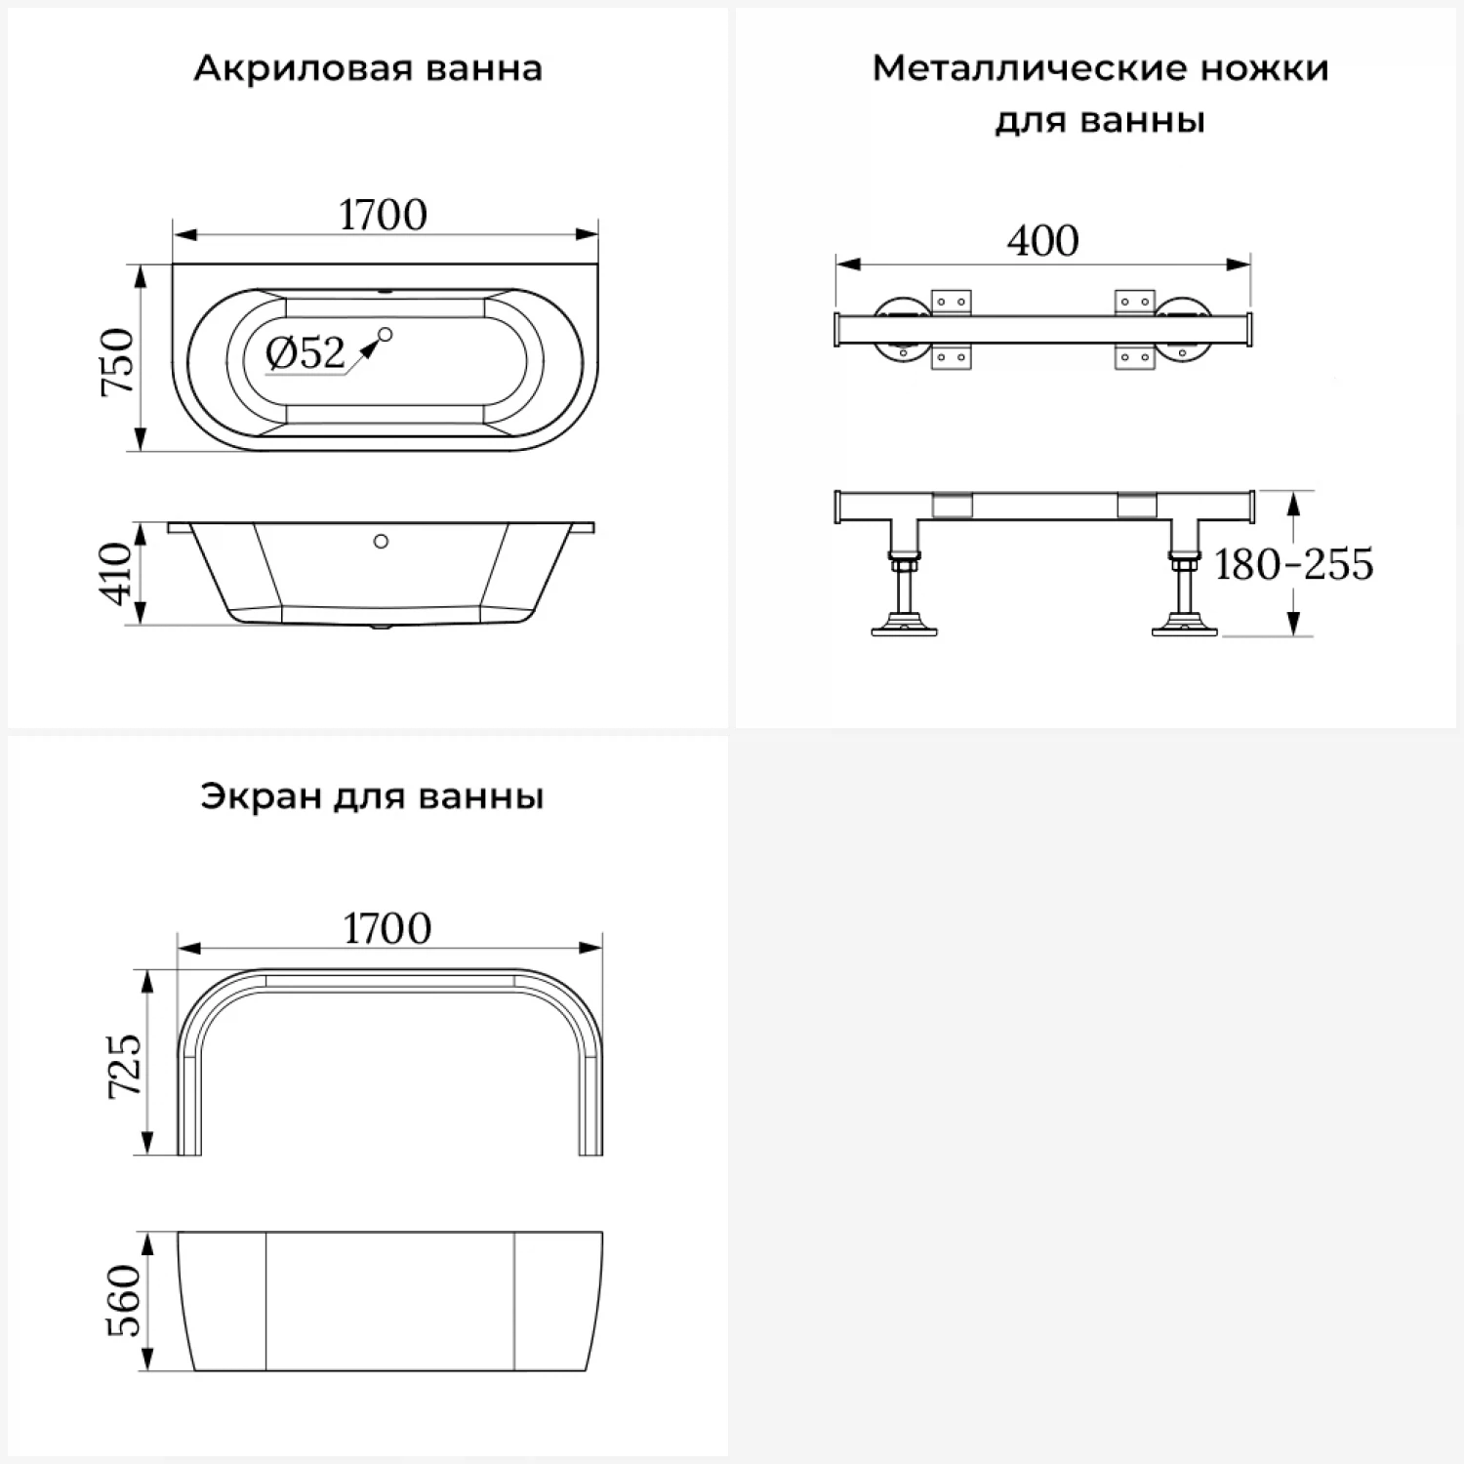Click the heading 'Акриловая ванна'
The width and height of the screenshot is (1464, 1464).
tap(367, 68)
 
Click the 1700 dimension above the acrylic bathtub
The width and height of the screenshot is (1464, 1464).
tap(383, 215)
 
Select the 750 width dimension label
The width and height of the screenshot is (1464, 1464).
tap(117, 360)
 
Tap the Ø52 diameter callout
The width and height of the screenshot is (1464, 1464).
tap(305, 352)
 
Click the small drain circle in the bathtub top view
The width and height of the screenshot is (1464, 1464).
tap(385, 335)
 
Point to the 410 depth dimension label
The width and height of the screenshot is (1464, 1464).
tap(116, 574)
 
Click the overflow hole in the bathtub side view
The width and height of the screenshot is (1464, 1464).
tap(381, 541)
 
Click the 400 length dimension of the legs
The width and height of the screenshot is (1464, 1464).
tap(1042, 240)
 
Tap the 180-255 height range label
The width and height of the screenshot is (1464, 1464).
tap(1293, 564)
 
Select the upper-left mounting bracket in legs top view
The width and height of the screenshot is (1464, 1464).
tap(951, 302)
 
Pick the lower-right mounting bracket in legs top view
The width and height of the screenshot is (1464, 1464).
tap(1134, 356)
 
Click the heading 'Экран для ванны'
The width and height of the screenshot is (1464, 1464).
tap(372, 796)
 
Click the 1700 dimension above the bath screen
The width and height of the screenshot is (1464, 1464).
tap(386, 928)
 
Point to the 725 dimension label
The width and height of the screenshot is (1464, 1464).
tap(124, 1066)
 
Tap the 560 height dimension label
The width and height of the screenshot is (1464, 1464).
tap(124, 1300)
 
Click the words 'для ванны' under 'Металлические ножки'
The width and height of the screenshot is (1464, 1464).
tap(1100, 121)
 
